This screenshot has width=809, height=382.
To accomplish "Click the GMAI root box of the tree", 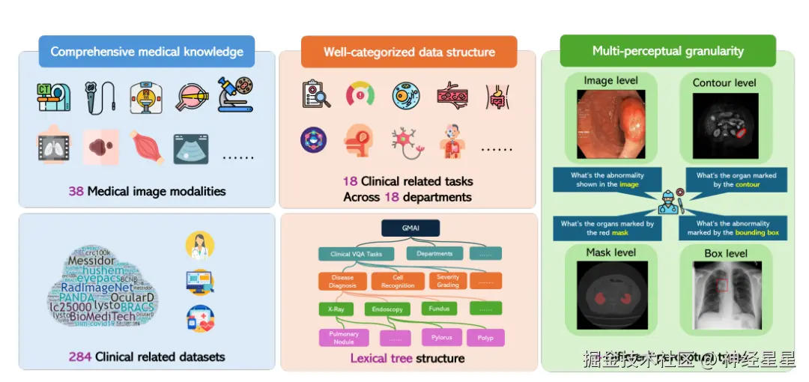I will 409,228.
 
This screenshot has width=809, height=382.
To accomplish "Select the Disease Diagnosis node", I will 342,281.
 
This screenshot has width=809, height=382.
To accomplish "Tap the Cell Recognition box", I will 397,281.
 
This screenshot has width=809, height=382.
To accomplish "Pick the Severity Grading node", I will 447,280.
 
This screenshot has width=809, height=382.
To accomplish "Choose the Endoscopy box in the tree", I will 387,309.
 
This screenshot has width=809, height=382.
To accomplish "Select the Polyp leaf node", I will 485,338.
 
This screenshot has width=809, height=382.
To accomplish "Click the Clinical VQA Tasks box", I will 356,254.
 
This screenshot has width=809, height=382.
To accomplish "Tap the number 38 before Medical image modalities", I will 76,191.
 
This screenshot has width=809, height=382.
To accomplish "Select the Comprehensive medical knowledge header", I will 147,52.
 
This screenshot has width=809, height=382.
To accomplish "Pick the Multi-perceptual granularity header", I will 667,51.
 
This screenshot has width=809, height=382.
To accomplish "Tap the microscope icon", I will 234,95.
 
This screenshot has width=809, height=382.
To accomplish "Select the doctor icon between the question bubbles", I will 667,201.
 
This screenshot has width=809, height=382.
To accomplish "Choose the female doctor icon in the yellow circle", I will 199,245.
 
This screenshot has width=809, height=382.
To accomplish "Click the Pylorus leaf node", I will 441,337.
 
